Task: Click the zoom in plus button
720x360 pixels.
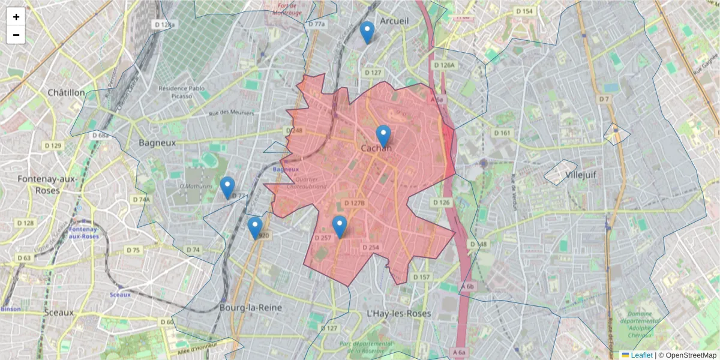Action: pos(16,17)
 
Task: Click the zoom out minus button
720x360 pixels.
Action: pos(16,35)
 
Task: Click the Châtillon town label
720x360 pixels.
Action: pos(66,92)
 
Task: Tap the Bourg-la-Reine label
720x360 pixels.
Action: pos(251,307)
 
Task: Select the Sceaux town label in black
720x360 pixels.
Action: pos(59,312)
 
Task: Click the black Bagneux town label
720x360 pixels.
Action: pos(157,143)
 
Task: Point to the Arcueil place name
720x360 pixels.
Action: pos(394,21)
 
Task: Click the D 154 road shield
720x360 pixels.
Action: pos(524,11)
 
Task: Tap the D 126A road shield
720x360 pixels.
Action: pos(444,65)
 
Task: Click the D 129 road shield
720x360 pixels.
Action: pos(53,146)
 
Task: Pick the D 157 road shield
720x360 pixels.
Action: pos(422,277)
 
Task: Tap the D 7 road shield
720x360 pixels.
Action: pos(604,98)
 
